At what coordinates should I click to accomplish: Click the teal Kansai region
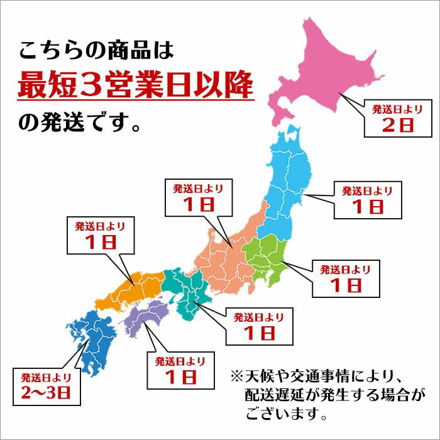click(x=185, y=289)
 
